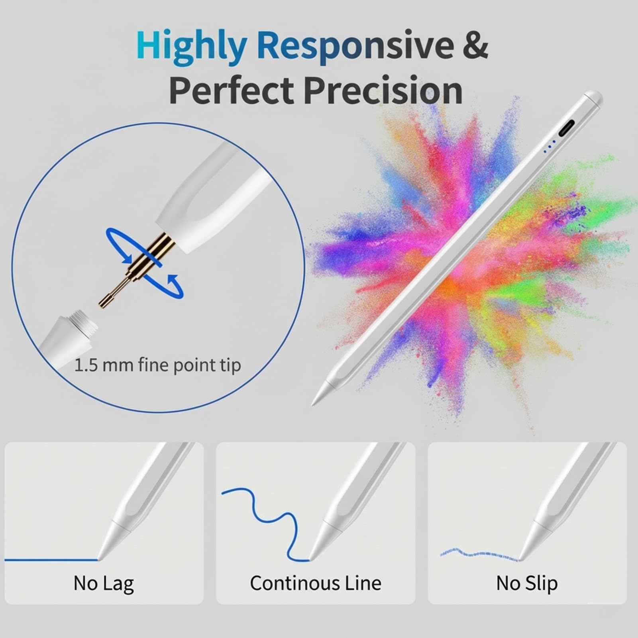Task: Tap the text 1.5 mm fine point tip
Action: (158, 365)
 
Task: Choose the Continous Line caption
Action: (316, 583)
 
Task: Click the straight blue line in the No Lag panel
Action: (51, 560)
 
